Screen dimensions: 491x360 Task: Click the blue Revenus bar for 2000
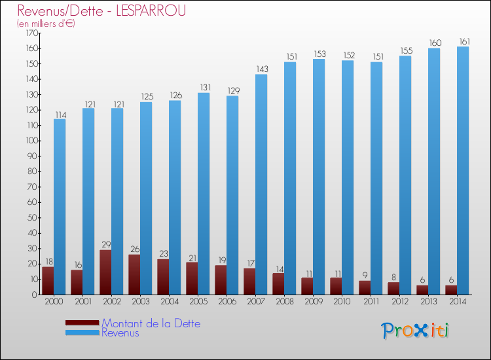pos(60,207)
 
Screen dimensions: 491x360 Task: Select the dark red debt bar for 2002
pos(105,272)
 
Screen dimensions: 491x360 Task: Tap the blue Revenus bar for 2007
pos(261,185)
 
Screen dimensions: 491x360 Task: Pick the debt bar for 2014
pos(451,290)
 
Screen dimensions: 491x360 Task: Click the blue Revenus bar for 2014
pos(463,171)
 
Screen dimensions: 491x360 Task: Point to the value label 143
pos(262,69)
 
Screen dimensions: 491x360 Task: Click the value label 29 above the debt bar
pos(106,244)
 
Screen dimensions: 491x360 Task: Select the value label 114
pos(61,115)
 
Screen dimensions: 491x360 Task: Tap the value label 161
pos(464,41)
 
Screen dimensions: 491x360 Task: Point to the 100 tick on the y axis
pos(31,141)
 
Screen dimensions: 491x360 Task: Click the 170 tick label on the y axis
pos(31,33)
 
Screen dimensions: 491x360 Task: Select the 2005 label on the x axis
pos(198,301)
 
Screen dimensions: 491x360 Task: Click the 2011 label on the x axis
pos(371,301)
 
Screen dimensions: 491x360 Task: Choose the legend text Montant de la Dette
pos(151,323)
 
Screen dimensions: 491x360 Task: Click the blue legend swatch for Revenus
pos(82,333)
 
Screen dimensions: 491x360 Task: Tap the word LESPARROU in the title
pos(151,10)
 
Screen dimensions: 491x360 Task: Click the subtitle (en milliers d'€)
pos(46,24)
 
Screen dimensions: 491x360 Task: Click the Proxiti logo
pos(415,331)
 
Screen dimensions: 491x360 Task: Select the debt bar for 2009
pos(307,286)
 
